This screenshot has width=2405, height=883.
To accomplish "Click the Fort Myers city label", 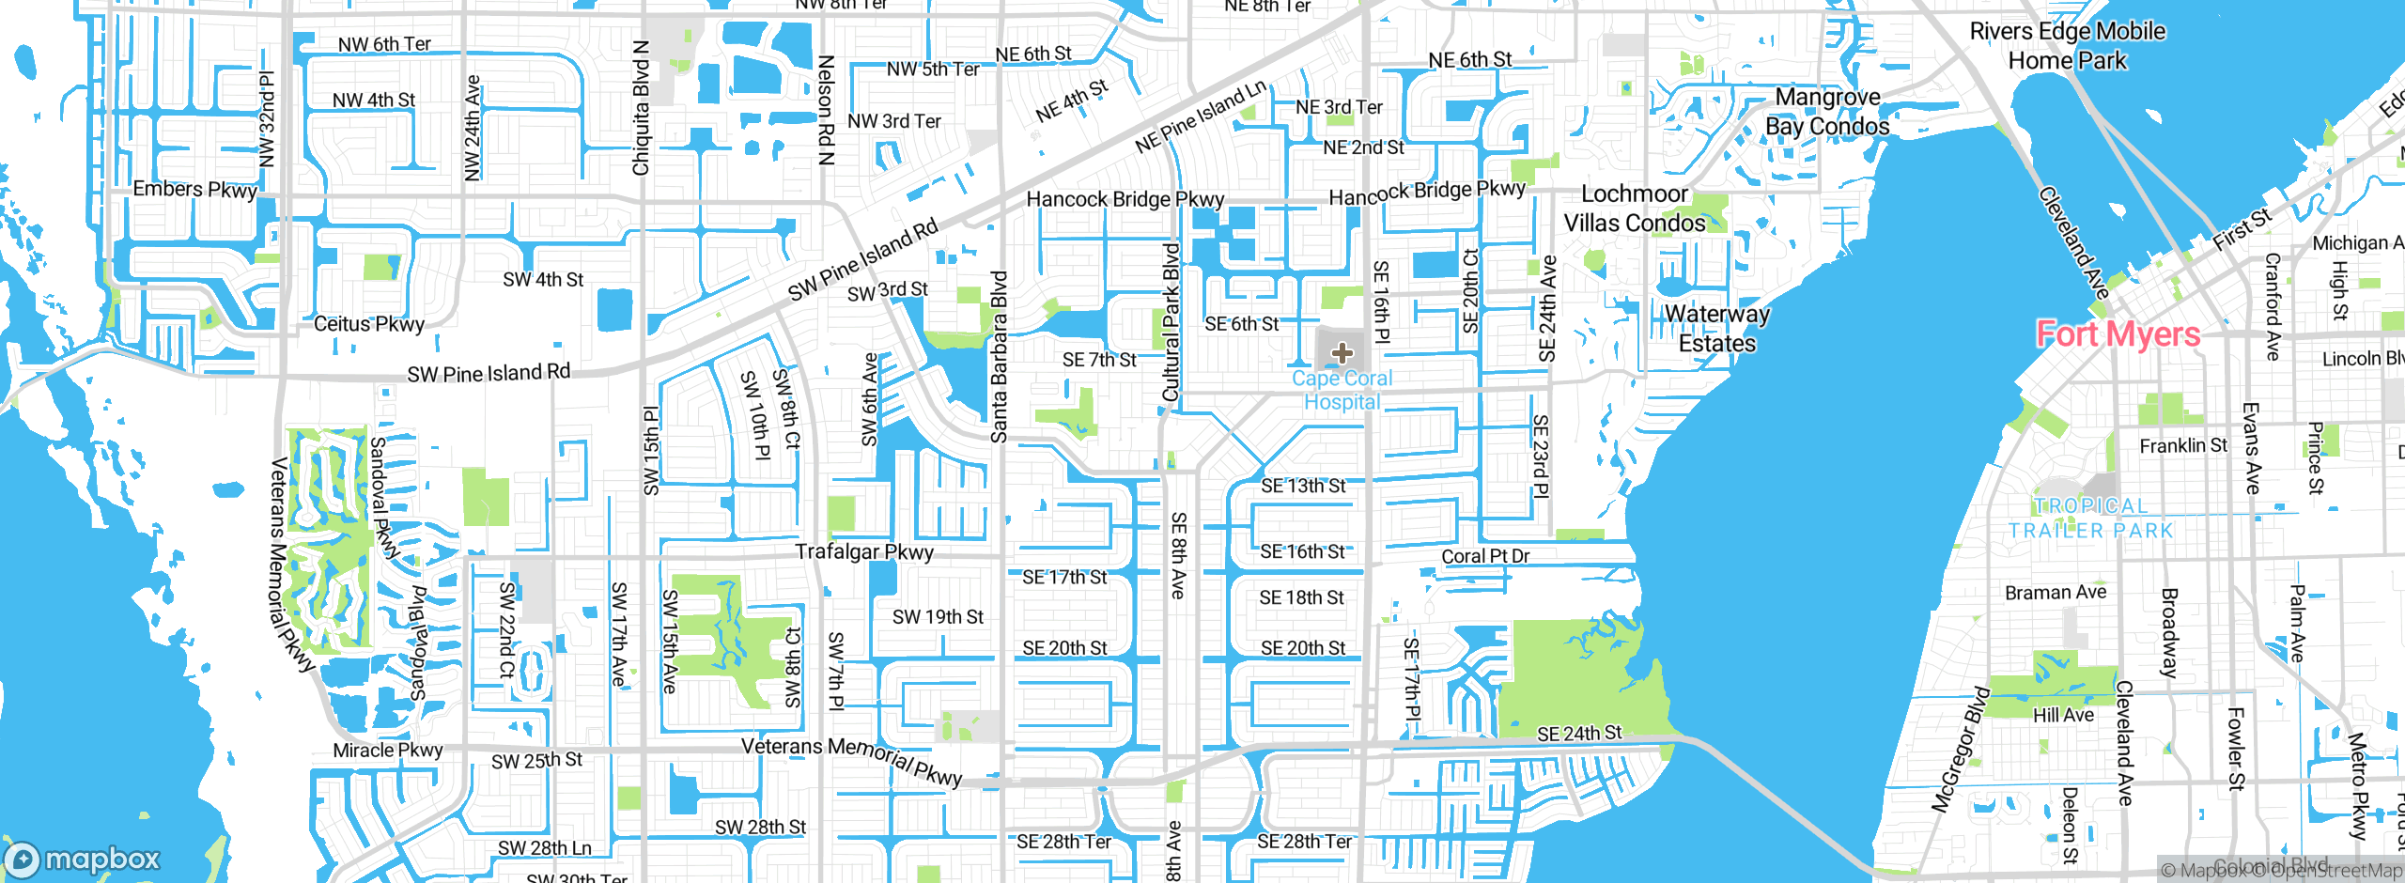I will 2118,334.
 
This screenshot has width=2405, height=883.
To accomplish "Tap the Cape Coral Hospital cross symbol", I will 1342,353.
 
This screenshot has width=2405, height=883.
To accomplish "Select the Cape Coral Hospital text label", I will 1342,390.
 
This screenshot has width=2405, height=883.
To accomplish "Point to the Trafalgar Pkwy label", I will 864,551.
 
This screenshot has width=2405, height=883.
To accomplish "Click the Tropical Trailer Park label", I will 2090,519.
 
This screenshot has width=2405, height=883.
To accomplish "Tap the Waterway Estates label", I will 1716,329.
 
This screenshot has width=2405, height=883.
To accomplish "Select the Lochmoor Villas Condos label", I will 1635,209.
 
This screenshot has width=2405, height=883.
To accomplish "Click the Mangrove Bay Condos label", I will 1827,112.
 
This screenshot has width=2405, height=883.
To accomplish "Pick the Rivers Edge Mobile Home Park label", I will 2067,46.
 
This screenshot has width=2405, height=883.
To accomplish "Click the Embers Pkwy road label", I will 194,189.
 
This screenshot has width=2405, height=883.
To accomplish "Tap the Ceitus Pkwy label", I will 369,324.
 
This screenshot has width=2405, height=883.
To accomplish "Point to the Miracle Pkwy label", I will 387,751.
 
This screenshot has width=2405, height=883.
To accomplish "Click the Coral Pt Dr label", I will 1485,556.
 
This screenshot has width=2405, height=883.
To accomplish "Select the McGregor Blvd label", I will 1961,750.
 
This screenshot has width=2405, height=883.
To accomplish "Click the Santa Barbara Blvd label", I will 1000,357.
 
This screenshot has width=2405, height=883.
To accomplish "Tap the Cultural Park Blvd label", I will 1171,322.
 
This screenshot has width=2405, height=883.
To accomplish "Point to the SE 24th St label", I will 1578,733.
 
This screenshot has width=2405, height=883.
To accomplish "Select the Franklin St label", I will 2182,445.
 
